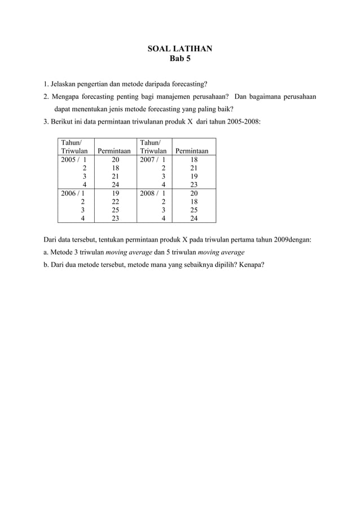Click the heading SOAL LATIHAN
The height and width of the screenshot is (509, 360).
[x=180, y=49]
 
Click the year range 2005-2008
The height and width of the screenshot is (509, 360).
[x=242, y=121]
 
